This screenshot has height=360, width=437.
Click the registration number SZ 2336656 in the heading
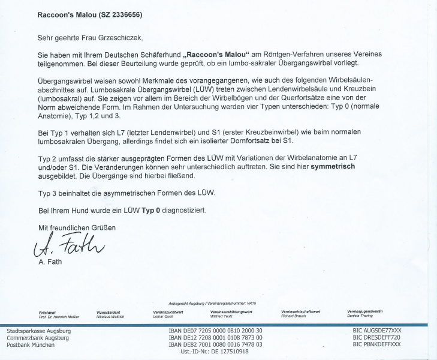(117, 14)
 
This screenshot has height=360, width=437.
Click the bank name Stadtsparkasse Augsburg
(38, 331)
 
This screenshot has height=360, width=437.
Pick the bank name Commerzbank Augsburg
(37, 338)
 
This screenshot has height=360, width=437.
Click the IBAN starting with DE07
(215, 331)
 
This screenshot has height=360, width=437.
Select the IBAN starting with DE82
(215, 345)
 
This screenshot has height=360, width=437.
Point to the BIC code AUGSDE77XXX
(377, 331)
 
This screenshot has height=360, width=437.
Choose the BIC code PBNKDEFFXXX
(377, 345)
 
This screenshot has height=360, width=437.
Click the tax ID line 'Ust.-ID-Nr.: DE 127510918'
(214, 352)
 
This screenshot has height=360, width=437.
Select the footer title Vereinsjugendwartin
(365, 311)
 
